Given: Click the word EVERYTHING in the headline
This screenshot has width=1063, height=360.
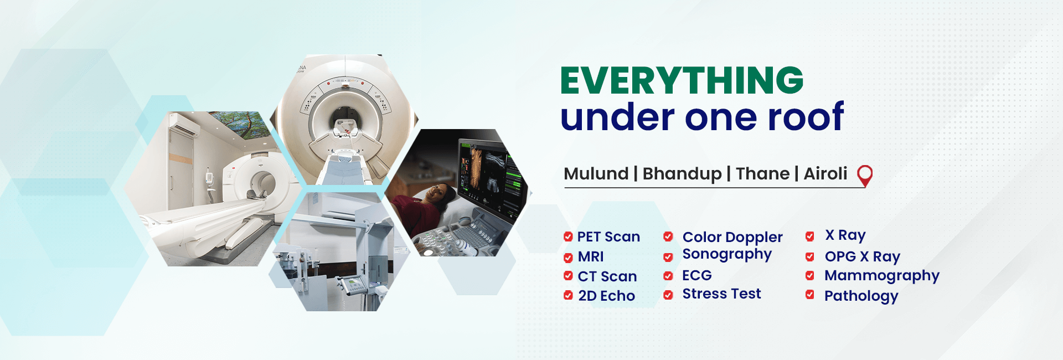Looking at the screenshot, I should click(682, 80).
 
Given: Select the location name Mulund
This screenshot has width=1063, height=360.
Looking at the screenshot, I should click(596, 174).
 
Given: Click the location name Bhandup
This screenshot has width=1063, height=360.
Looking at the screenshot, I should click(682, 174).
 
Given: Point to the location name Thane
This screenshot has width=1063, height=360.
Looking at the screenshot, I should click(762, 174).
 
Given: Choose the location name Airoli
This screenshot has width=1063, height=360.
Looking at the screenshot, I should click(825, 174).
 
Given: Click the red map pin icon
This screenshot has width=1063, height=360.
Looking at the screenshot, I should click(864, 176).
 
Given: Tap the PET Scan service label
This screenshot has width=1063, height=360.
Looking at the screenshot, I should click(608, 237).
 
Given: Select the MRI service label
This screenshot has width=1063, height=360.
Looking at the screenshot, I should click(590, 257).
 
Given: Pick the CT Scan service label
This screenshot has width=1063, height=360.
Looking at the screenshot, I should click(607, 276).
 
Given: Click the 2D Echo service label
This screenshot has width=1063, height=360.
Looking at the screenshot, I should click(606, 296).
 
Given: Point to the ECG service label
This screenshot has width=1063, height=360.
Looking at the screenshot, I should click(696, 275).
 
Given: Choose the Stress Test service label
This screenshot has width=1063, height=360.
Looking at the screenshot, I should click(721, 294).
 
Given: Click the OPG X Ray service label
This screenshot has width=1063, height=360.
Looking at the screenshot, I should click(862, 256).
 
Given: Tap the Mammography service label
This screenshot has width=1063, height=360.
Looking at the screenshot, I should click(881, 276).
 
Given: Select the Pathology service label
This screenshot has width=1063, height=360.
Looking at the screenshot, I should click(861, 296).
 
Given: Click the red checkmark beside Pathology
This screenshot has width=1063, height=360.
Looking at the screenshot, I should click(809, 295).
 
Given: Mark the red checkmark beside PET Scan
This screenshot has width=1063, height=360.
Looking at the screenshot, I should click(568, 237).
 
